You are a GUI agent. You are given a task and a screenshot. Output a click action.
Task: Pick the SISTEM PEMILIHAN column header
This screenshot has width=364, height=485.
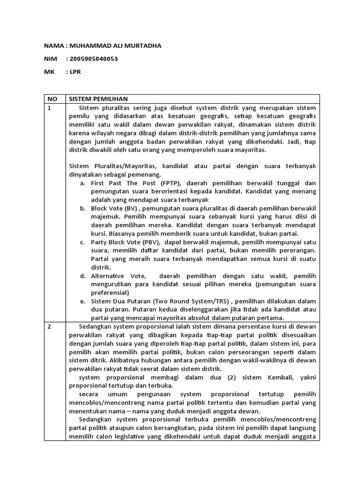[x=99, y=99]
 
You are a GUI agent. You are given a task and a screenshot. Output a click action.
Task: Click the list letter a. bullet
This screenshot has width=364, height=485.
[x=82, y=183]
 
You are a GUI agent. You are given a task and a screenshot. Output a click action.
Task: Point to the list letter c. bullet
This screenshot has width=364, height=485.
[x=82, y=242]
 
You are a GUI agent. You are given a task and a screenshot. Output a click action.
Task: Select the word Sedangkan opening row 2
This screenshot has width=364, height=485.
[x=95, y=327]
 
